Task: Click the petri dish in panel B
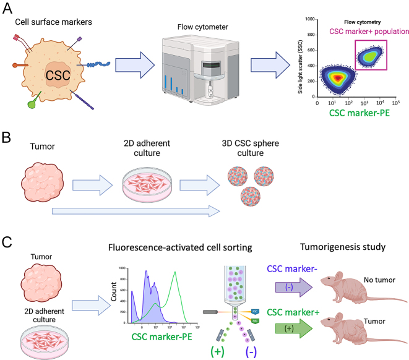(143, 185)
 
